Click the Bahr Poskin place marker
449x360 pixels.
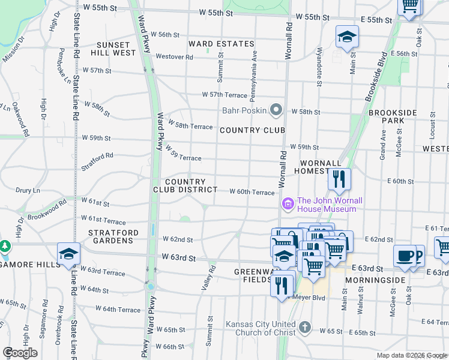pos(276,110)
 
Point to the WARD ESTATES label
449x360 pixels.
pos(221,44)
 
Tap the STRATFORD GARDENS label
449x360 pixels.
pos(113,236)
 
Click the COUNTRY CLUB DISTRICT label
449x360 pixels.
pos(191,185)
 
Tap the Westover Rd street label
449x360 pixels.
pos(174,57)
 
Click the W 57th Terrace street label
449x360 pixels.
pos(224,95)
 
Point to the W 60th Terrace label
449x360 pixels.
pos(252,192)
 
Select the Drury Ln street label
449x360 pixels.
pos(28,190)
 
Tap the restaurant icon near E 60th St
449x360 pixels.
pos(339,178)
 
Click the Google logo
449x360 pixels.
pos(20,353)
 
